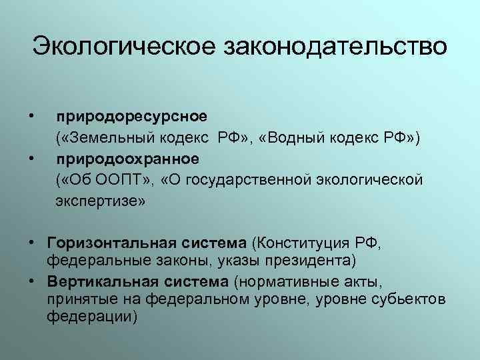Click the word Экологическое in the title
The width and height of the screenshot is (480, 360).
(x=125, y=47)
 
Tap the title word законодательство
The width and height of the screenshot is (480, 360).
(x=337, y=47)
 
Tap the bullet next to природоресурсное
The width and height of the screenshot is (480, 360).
(x=33, y=117)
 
